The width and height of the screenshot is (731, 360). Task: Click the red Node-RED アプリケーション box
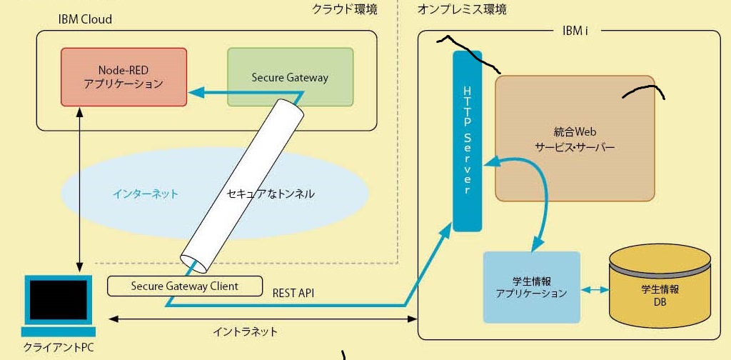tap(123, 77)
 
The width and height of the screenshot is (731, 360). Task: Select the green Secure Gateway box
tap(290, 77)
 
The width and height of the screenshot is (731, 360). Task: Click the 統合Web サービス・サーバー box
tap(575, 138)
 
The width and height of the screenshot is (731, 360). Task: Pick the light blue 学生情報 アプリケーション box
tap(531, 286)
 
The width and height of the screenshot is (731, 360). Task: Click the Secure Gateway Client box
tap(184, 286)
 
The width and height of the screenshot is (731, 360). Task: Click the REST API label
tap(293, 293)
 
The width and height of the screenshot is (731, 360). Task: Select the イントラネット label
tap(245, 331)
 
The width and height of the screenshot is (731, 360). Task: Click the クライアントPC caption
tap(58, 348)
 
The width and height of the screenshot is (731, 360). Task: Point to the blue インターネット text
tap(145, 194)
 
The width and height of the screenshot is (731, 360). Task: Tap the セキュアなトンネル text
tap(270, 194)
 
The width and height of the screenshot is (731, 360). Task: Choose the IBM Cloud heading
tap(85, 19)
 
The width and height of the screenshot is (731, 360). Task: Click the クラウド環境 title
tap(344, 9)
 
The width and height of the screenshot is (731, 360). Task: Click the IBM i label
tap(575, 31)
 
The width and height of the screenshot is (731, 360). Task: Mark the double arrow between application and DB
tap(595, 290)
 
